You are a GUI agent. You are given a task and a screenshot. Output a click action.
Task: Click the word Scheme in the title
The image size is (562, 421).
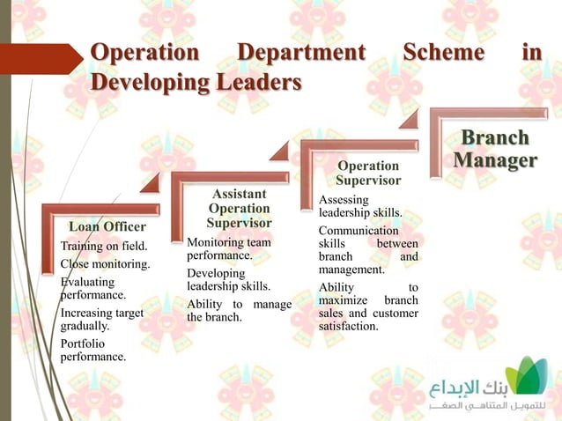pos(443,53)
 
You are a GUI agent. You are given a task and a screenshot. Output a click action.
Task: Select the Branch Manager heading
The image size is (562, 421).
pos(495,150)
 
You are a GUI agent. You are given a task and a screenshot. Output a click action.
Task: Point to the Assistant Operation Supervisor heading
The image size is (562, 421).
pos(239,208)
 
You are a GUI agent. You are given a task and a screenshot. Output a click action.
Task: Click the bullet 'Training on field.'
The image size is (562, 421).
pos(103,246)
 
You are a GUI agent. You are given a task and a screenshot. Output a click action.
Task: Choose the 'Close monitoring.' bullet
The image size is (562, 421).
pos(105,263)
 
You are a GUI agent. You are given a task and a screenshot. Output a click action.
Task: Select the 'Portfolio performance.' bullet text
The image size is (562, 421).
pos(92,350)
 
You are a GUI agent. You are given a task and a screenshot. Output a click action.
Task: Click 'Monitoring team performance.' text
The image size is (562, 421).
pos(228,248)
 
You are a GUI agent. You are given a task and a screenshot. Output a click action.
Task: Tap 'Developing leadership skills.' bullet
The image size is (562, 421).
pos(228,279)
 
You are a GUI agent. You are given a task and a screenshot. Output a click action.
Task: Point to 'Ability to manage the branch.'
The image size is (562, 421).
pos(238,311)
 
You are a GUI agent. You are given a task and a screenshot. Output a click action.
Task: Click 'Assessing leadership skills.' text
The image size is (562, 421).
pos(360,207)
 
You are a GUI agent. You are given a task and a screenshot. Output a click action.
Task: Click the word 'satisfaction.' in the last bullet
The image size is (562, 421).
pos(349,327)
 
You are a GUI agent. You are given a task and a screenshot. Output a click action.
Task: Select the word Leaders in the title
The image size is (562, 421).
pos(250,83)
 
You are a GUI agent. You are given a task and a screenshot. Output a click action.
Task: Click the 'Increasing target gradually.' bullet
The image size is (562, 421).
pos(101,318)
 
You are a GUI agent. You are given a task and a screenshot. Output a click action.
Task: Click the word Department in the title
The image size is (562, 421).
pos(300,53)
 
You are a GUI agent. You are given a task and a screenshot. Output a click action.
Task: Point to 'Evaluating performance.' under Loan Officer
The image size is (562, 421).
pos(93,289)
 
